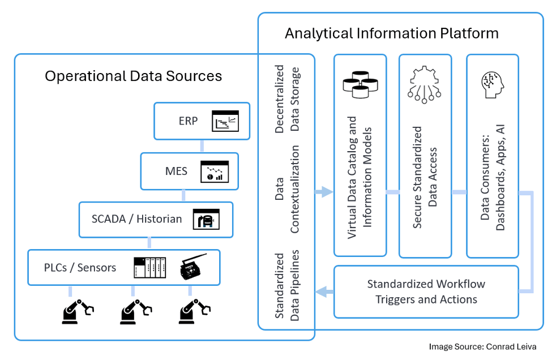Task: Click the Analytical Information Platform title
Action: click(391, 33)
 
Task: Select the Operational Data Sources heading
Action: click(134, 76)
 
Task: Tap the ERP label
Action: click(188, 121)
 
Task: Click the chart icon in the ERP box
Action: click(226, 121)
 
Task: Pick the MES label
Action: click(176, 170)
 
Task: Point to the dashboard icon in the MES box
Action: click(215, 171)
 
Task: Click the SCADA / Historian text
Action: click(137, 218)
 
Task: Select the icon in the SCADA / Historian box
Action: click(206, 219)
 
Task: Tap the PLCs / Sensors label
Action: click(80, 267)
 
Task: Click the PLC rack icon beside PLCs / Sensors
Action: click(150, 268)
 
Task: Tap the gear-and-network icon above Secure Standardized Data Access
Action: click(425, 85)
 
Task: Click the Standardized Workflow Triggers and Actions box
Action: click(426, 292)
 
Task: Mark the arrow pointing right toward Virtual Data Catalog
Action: click(324, 192)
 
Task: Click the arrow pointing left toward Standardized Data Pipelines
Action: click(324, 292)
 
